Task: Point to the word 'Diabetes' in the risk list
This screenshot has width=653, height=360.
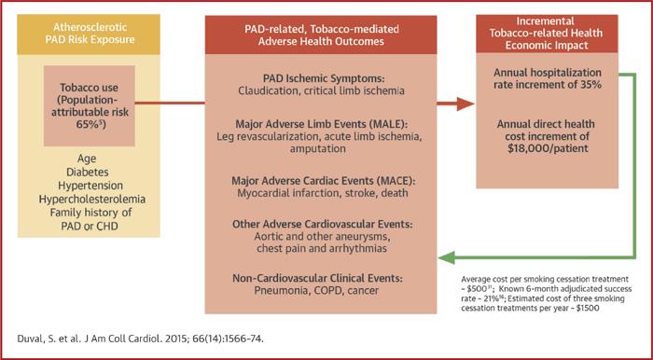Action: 91,172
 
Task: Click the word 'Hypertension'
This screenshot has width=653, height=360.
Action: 91,185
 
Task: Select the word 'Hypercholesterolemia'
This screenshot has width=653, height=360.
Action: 91,199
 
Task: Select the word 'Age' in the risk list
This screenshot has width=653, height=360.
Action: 91,158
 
